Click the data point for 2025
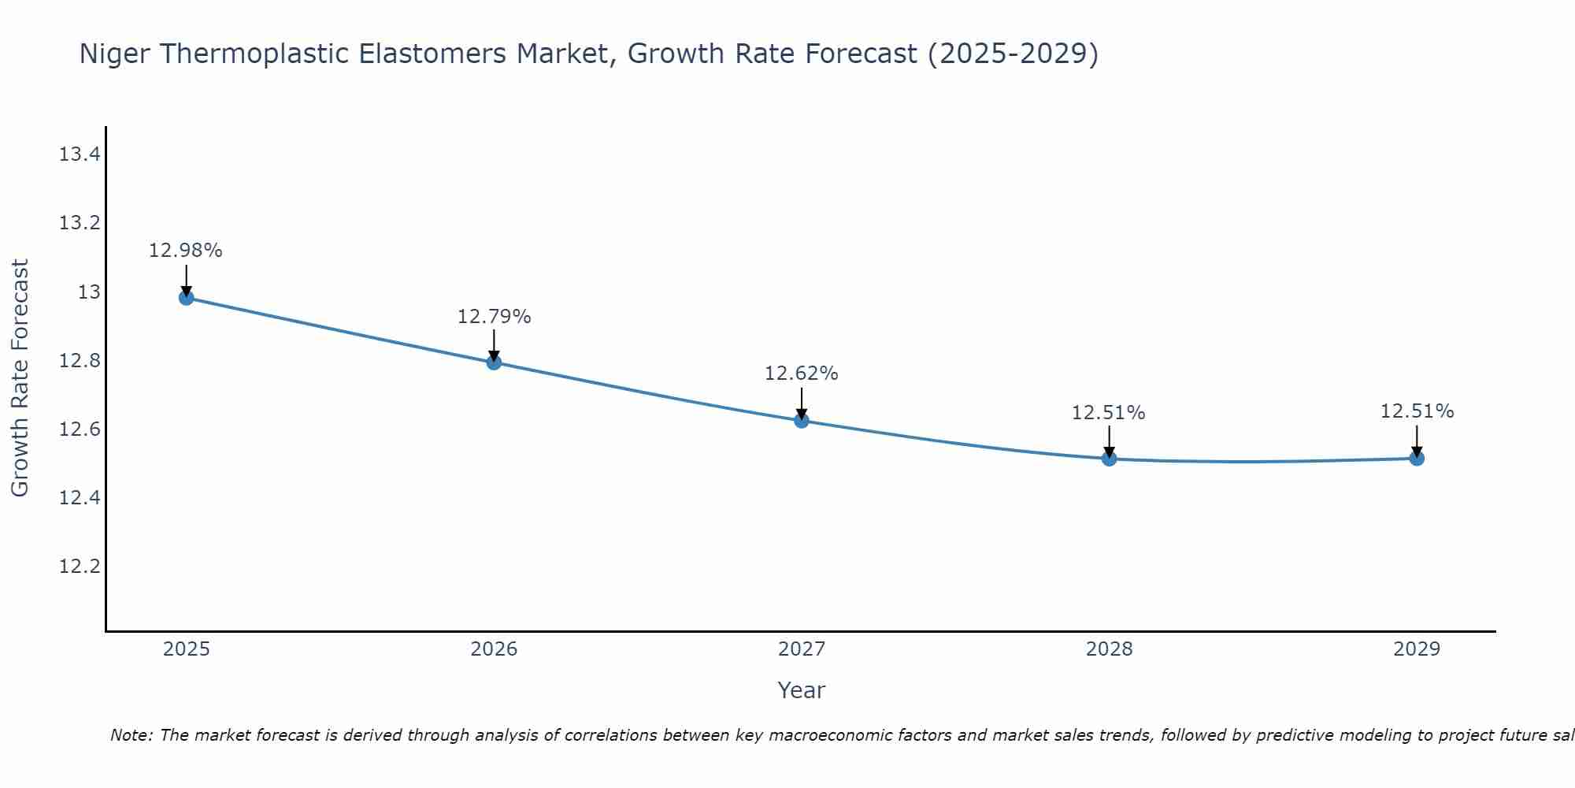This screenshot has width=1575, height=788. point(187,298)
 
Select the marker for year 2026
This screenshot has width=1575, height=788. point(494,362)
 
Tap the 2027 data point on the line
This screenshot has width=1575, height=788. point(802,421)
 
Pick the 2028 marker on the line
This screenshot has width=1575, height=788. point(1109,459)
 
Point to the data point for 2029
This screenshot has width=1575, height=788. point(1417,459)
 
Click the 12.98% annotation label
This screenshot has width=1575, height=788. point(186,251)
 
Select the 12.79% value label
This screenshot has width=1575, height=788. point(494,317)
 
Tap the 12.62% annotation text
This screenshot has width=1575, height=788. point(801,374)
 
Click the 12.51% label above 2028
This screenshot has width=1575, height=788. point(1108,413)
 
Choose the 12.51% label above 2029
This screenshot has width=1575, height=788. point(1417,411)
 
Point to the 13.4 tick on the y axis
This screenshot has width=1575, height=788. point(80,154)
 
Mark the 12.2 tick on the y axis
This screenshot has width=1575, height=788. point(80,567)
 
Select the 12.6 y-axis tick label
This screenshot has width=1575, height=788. point(80,429)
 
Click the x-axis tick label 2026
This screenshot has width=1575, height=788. point(494,649)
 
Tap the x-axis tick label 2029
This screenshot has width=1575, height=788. point(1417,649)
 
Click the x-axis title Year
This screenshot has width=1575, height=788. point(801,690)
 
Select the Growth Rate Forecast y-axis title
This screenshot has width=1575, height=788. point(20,378)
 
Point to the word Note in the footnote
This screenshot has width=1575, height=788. point(131,735)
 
